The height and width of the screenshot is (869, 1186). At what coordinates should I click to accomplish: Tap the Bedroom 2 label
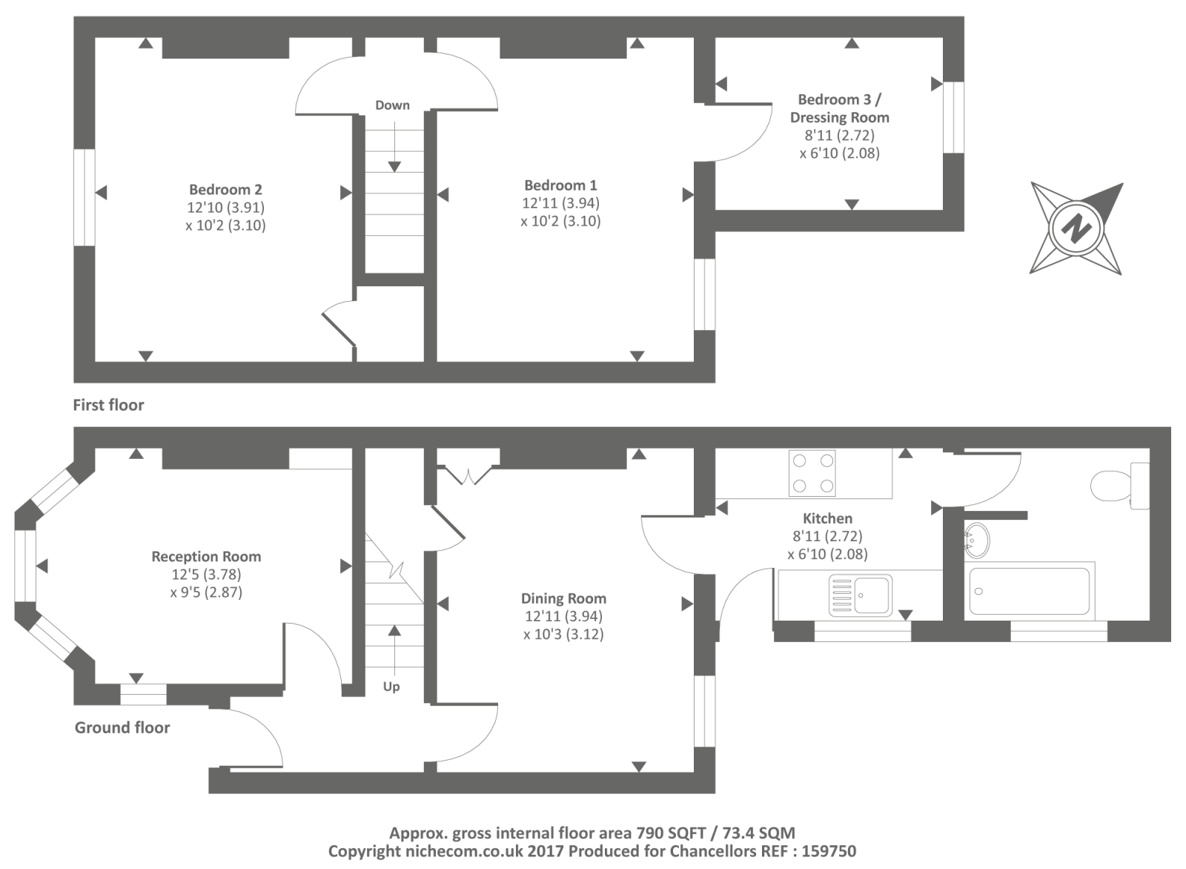click(x=225, y=189)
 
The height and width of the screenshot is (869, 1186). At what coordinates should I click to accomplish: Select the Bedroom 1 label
click(x=560, y=185)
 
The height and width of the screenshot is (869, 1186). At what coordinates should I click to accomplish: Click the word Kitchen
click(x=827, y=518)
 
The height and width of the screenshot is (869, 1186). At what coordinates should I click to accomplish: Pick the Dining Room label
click(x=563, y=598)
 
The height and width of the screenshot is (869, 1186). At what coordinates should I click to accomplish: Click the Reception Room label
click(x=206, y=556)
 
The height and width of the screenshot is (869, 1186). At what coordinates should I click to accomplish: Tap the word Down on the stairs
click(x=392, y=105)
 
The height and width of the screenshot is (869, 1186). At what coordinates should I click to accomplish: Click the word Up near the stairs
click(x=391, y=687)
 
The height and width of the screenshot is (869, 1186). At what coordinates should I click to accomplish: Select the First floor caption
click(x=108, y=406)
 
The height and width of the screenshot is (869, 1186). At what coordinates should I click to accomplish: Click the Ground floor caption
click(x=122, y=727)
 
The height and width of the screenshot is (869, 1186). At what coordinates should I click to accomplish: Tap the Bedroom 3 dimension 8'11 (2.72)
click(x=839, y=136)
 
